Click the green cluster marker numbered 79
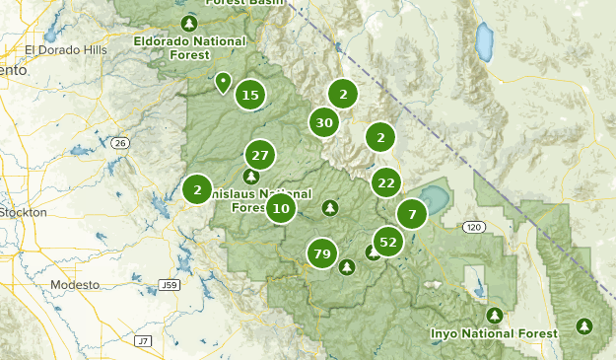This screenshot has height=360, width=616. (x=320, y=254)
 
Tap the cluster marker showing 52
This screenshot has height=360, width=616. (x=388, y=242)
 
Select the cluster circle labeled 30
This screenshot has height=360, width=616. (x=323, y=122)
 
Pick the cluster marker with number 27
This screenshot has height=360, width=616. (x=260, y=156)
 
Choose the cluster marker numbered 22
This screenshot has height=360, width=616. (x=385, y=181)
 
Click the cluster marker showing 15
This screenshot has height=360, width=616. (x=250, y=95)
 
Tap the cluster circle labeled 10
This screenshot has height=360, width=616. (x=281, y=208)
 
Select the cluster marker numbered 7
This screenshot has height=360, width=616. (x=412, y=213)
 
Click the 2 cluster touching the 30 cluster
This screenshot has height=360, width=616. (x=342, y=95)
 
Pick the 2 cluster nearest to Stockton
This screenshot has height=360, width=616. (x=197, y=189)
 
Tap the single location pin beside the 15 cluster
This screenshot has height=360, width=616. (x=224, y=83)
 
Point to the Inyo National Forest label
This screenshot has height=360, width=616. (x=494, y=333)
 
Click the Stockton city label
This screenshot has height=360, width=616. (x=24, y=212)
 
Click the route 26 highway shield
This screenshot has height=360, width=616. (x=120, y=144)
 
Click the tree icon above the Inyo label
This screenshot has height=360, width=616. (x=494, y=315)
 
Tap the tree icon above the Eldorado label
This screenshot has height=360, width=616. (x=189, y=23)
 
